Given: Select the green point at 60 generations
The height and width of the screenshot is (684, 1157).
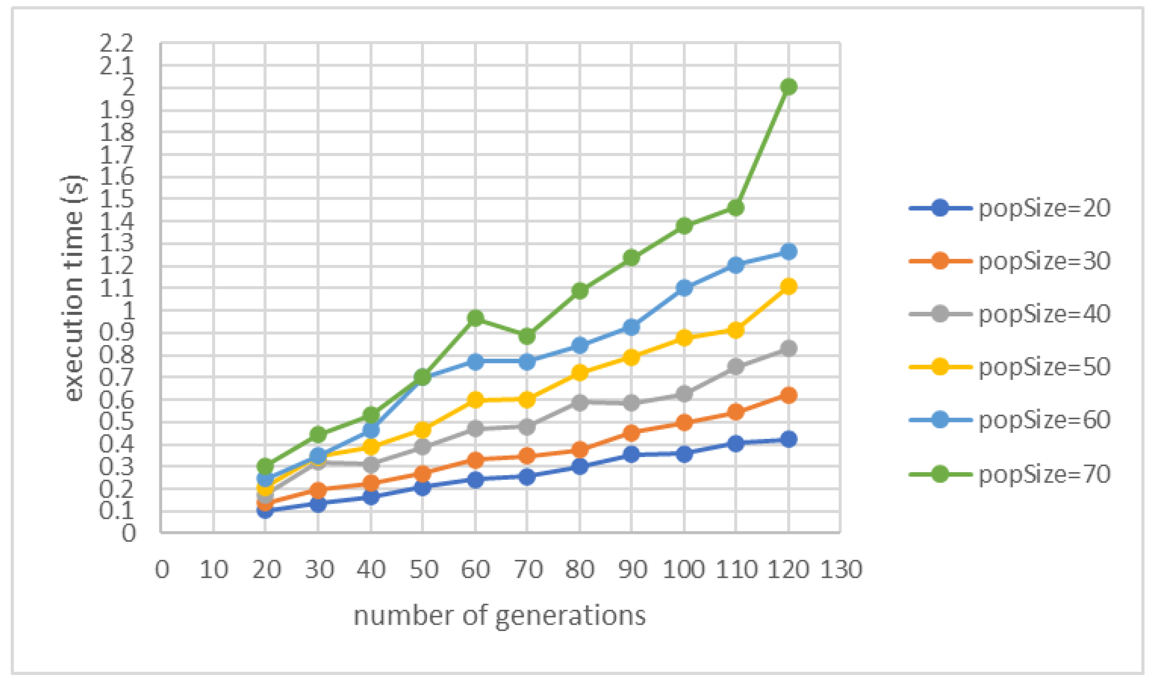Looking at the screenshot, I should pos(476,318).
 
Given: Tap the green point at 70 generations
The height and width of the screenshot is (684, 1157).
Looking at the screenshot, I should pos(527,336).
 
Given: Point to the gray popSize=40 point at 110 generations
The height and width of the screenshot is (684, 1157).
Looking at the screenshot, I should pos(736,367).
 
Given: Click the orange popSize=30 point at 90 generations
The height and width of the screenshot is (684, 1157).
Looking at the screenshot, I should pos(631,432).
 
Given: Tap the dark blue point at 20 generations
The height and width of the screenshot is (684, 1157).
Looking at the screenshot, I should pos(265,510).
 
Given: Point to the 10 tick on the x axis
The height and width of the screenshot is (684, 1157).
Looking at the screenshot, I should pos(213,570).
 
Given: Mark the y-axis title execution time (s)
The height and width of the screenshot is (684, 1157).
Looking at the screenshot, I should pos(74,288).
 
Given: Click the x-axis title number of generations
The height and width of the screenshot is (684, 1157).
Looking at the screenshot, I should pos(500,615).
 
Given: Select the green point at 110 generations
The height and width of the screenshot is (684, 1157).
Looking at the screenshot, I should pos(736,208).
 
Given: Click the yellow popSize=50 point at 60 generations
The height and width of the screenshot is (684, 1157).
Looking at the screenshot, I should pos(476,400).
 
